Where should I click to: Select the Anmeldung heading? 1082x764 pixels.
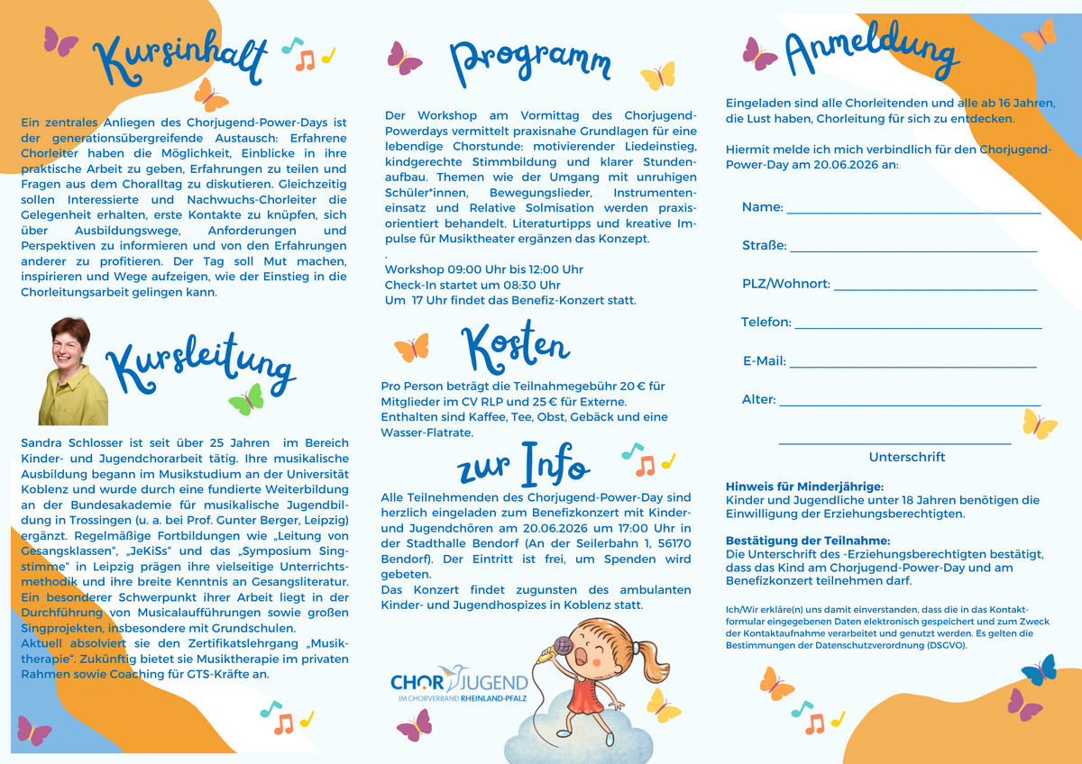pos(871,55)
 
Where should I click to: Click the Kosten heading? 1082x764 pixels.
pos(515,344)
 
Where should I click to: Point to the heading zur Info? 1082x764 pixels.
pos(524,465)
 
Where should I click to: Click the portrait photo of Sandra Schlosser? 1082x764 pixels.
pos(73,370)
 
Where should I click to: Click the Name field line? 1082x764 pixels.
pos(913,213)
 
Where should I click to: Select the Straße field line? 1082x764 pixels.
pos(913,250)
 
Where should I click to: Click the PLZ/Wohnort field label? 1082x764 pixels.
pos(785,285)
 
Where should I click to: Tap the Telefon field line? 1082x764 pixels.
pos(918,328)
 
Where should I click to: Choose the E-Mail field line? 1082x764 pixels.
pos(912,367)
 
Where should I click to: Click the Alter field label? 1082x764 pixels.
pos(757,399)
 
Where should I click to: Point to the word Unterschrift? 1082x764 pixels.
pos(907,457)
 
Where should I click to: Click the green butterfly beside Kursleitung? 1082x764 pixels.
pos(246,399)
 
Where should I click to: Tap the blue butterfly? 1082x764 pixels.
pos(1039,669)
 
